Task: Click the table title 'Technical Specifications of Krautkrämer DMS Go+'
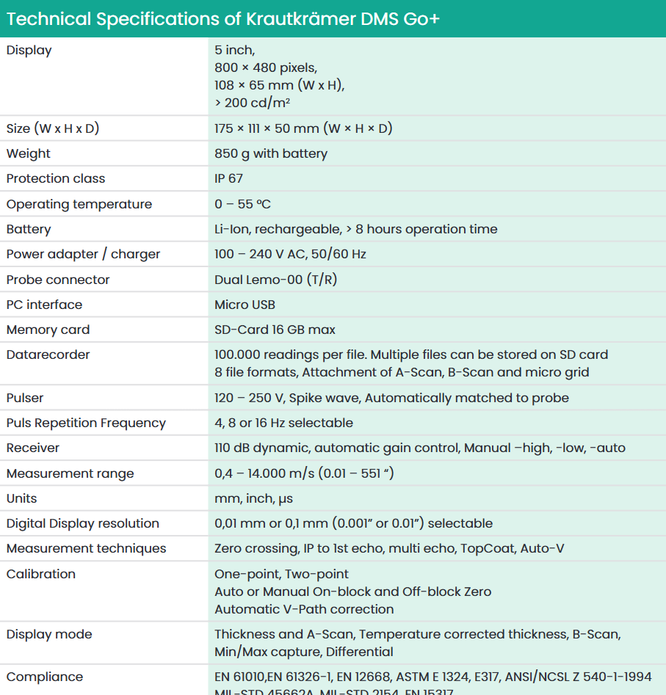coord(222,18)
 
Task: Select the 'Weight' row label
coord(29,153)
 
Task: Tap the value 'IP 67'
coord(228,178)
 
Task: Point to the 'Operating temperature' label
coord(79,204)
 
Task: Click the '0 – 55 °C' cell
coord(242,204)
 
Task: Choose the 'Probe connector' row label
coord(58,280)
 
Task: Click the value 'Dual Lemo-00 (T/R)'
coord(275,280)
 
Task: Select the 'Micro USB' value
coord(245,305)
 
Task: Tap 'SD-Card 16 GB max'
coord(275,330)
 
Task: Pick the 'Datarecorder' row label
coord(48,354)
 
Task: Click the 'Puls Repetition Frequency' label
coord(86,423)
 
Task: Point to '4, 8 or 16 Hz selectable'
coord(283,423)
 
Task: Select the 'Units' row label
coord(21,498)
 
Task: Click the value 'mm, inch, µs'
coord(253,498)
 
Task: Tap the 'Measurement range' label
coord(70,473)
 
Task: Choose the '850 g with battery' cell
coord(271,153)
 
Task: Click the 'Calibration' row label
coord(40,574)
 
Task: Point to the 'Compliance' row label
coord(44,677)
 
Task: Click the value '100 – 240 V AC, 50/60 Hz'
coord(290,254)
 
